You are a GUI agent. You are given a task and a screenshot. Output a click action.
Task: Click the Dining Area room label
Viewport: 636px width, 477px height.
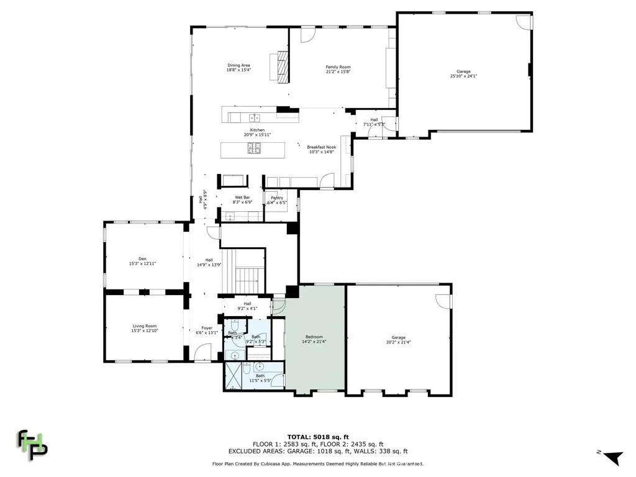pyautogui.click(x=238, y=68)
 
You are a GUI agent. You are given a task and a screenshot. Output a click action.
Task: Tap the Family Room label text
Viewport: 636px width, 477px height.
pyautogui.click(x=338, y=69)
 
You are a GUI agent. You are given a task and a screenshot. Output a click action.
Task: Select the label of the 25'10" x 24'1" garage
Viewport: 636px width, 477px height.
pyautogui.click(x=463, y=74)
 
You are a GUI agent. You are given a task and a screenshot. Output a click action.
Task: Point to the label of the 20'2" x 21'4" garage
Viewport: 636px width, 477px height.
pyautogui.click(x=398, y=340)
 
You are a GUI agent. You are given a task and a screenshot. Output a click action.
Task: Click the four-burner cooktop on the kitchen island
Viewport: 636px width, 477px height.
pyautogui.click(x=255, y=148)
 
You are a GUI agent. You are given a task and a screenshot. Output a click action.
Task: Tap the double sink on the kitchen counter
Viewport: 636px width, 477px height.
pyautogui.click(x=254, y=117)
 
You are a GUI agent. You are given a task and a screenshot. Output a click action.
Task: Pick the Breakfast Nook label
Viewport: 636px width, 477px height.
pyautogui.click(x=321, y=149)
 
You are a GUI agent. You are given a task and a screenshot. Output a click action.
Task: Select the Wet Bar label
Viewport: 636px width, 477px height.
pyautogui.click(x=242, y=199)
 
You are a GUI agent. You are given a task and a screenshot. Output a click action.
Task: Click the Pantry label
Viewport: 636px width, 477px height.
pyautogui.click(x=276, y=200)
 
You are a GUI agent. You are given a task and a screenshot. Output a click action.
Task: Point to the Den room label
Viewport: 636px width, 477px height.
pyautogui.click(x=142, y=261)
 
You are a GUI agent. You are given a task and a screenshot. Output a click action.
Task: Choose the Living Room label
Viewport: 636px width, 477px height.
pyautogui.click(x=144, y=329)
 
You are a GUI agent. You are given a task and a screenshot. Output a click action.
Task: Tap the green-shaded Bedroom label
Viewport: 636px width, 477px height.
pyautogui.click(x=314, y=339)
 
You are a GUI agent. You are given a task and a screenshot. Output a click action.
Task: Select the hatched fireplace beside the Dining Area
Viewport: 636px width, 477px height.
pyautogui.click(x=283, y=66)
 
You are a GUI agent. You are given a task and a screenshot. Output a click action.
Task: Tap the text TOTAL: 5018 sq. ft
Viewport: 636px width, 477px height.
pyautogui.click(x=317, y=437)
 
